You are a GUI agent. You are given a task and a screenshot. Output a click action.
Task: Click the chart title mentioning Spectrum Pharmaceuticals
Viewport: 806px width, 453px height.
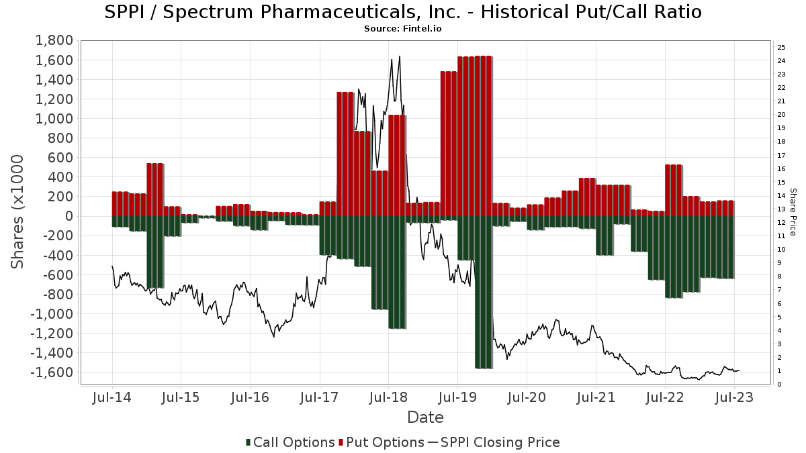403,12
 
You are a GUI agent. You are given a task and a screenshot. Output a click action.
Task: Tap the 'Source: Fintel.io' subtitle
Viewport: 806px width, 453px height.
403,29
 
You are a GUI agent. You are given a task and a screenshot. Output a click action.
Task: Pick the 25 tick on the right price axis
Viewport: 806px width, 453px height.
781,47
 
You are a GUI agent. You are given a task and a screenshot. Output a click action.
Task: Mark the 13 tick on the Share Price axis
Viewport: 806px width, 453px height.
781,209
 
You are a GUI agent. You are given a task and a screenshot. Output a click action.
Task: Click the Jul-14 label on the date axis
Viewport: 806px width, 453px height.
111,397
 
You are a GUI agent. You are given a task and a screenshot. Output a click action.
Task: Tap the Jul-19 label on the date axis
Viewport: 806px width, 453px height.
457,397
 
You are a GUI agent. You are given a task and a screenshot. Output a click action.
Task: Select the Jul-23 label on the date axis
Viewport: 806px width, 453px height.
734,397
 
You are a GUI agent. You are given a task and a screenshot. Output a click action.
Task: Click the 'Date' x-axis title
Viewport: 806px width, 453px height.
425,417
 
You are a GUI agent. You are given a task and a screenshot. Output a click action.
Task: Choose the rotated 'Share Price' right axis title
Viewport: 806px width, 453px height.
793,211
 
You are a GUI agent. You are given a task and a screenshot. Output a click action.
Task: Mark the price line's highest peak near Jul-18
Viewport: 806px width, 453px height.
400,56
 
